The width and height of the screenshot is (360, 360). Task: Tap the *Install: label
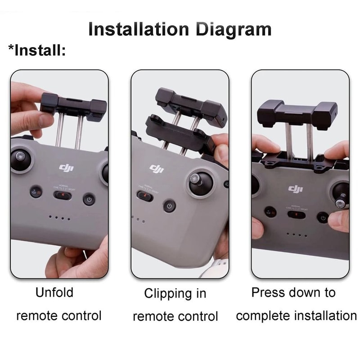pyautogui.click(x=37, y=49)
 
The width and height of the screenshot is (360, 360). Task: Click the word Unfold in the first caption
pyautogui.click(x=54, y=292)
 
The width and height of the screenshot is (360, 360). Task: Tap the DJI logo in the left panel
pyautogui.click(x=66, y=167)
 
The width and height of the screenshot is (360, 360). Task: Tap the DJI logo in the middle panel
pyautogui.click(x=157, y=168)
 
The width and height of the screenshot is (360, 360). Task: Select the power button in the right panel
pyautogui.click(x=322, y=218)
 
